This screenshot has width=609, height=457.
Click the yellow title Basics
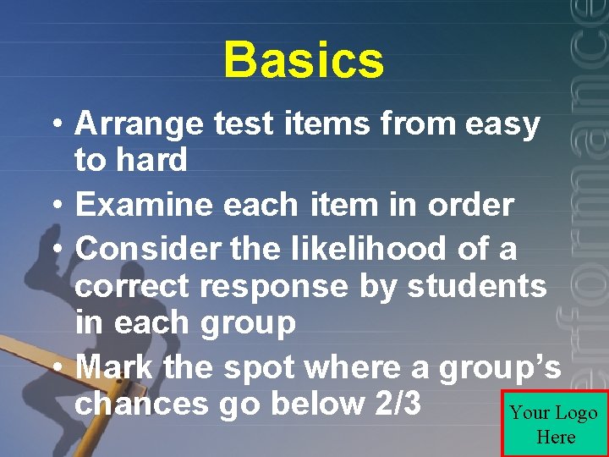(x=304, y=61)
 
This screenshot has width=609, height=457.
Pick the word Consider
(x=147, y=249)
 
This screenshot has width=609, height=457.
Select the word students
(x=477, y=286)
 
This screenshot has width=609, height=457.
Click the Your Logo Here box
(x=555, y=424)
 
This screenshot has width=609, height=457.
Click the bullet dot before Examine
(x=56, y=206)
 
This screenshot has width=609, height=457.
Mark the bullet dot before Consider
(x=56, y=251)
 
